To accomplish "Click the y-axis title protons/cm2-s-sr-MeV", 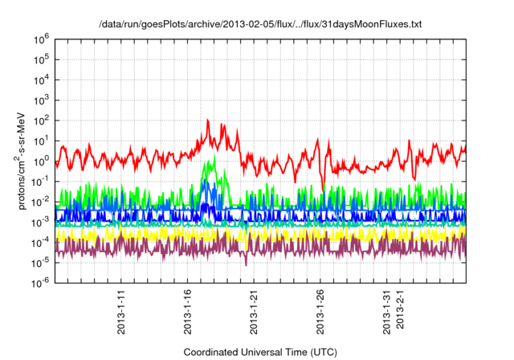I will (x=24, y=162).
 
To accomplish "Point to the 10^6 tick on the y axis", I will (x=41, y=39).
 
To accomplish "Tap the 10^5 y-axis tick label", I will (x=41, y=59).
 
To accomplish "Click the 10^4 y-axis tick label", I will (x=41, y=79).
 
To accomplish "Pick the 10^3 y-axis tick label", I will (x=41, y=100).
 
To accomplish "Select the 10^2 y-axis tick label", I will (x=41, y=120).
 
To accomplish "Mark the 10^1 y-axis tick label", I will (x=41, y=140).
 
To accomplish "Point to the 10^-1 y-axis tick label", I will (x=40, y=181).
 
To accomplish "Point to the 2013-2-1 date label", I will (x=401, y=314).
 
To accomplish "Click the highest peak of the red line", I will (x=208, y=121).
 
